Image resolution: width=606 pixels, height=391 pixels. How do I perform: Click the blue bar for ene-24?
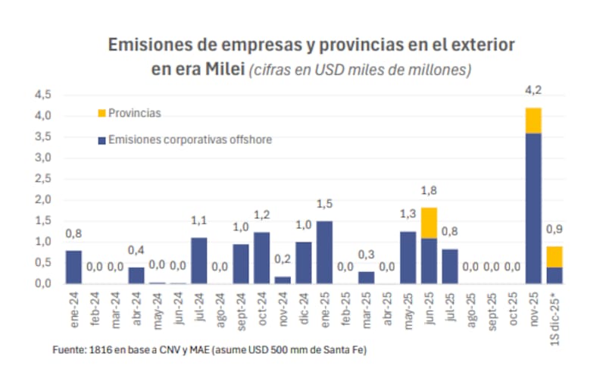click(73, 267)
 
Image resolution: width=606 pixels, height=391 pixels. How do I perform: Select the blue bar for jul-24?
click(199, 261)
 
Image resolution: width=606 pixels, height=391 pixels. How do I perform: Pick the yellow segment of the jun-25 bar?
click(430, 223)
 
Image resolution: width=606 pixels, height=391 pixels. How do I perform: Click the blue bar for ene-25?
click(324, 252)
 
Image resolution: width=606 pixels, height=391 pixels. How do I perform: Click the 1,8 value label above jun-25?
click(430, 191)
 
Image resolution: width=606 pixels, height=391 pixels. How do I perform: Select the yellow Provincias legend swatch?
click(102, 113)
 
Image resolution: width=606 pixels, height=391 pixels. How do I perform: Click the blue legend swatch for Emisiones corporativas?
click(102, 140)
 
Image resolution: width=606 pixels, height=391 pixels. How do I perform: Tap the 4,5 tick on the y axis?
click(42, 95)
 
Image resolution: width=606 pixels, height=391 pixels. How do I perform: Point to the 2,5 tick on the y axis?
click(42, 179)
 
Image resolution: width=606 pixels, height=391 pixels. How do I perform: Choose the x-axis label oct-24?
click(261, 306)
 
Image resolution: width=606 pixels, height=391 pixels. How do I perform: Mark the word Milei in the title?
click(223, 70)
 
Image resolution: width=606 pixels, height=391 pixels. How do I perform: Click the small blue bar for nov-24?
click(283, 280)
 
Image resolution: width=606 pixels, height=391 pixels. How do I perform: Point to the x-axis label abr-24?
click(136, 306)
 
